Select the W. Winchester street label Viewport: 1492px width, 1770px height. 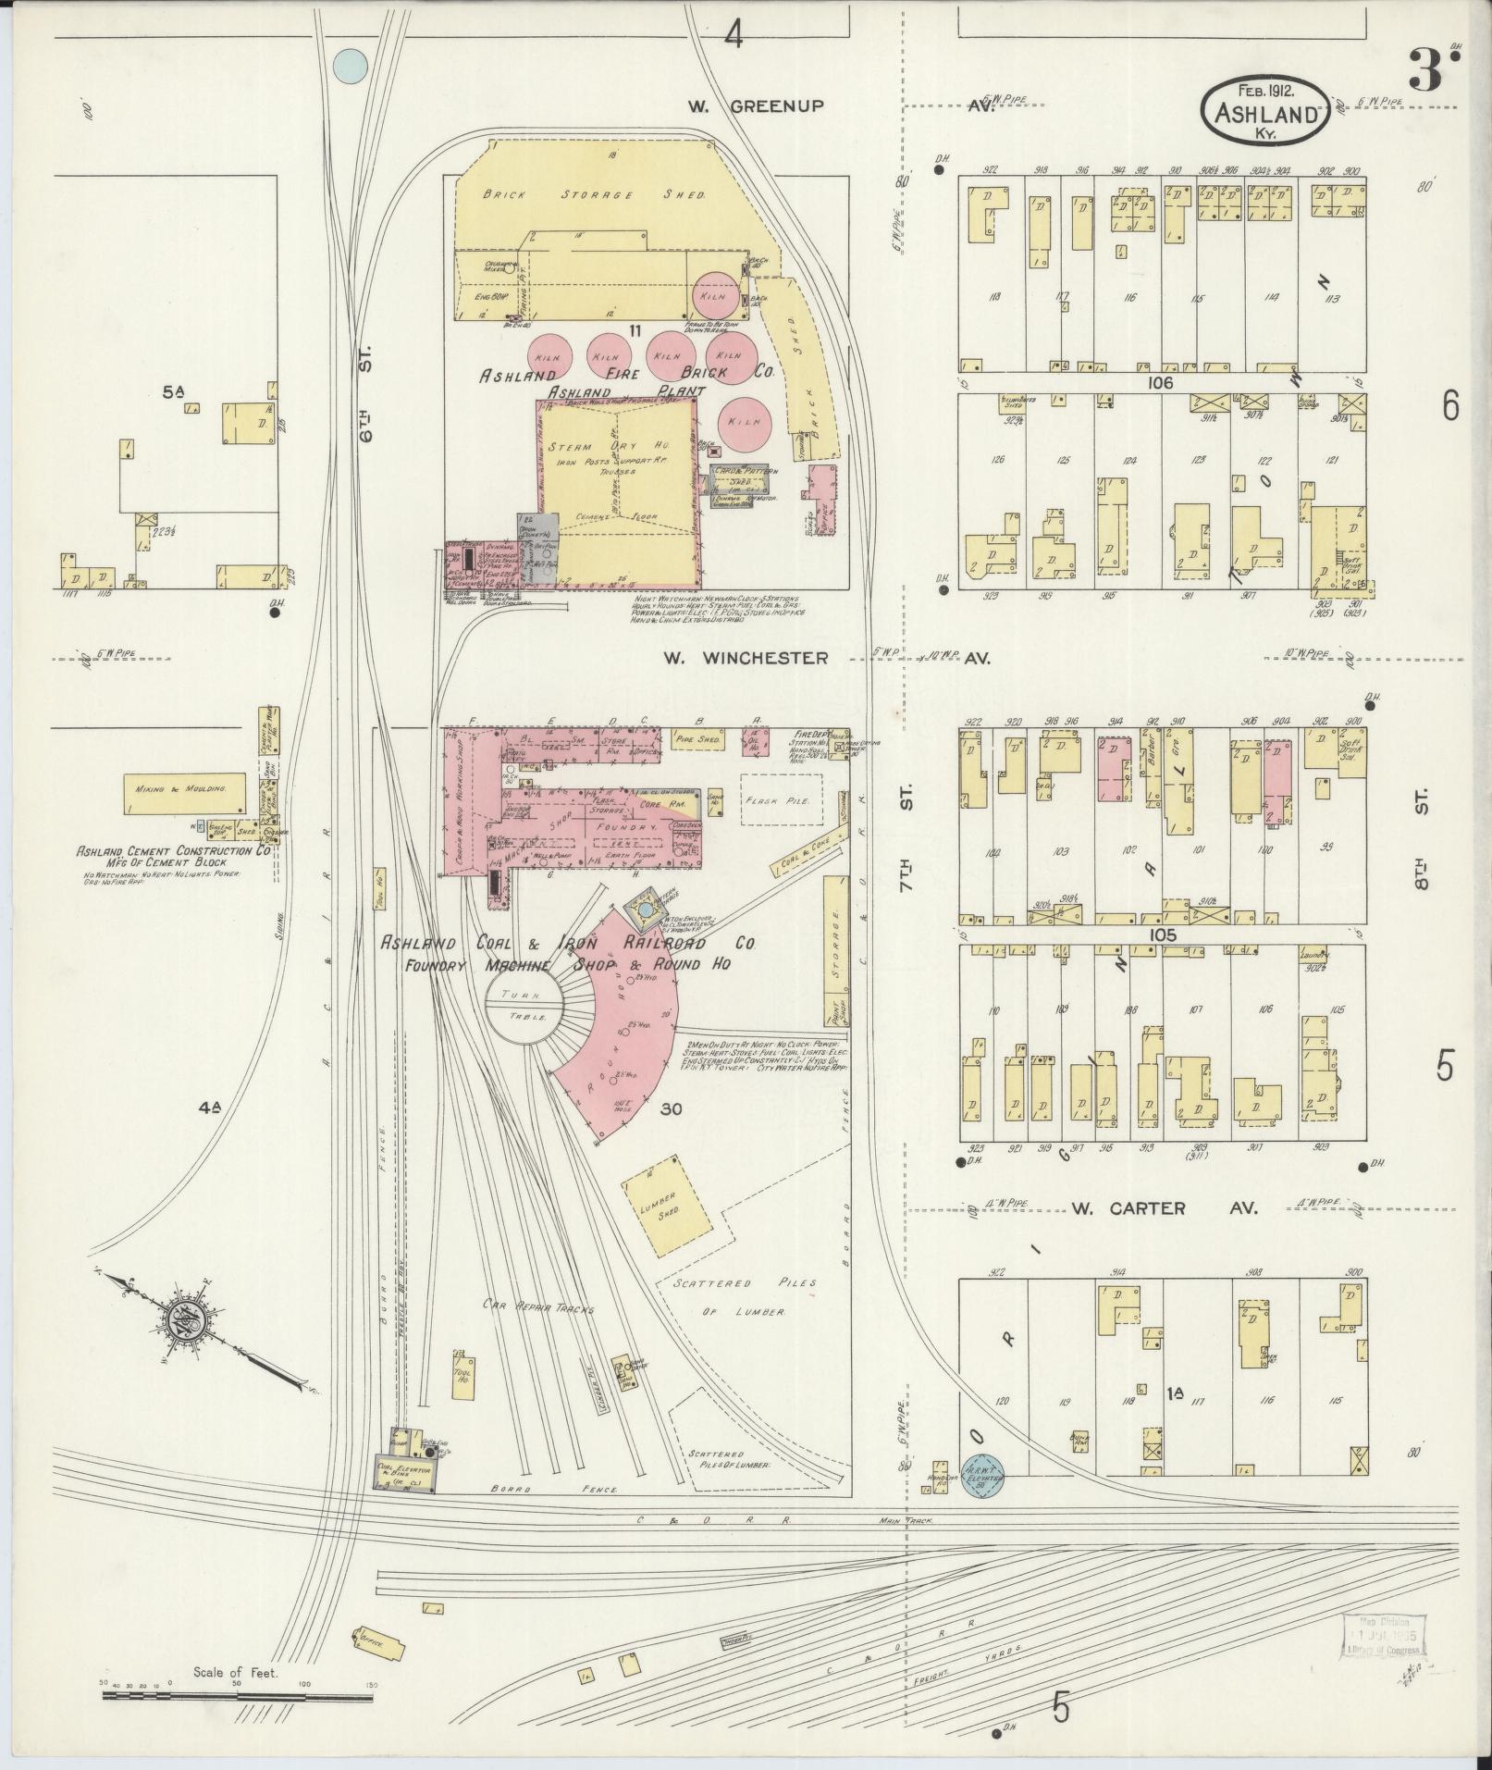click(x=746, y=658)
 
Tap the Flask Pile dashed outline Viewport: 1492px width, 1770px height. click(x=782, y=799)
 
